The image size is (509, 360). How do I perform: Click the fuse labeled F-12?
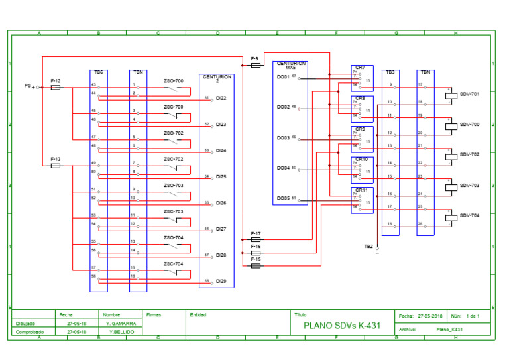coord(56,87)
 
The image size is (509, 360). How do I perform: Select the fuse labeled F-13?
coord(56,166)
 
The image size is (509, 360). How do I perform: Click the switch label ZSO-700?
coord(173,81)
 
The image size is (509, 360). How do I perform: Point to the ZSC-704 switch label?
coord(173,264)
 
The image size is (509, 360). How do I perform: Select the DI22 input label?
coord(221,98)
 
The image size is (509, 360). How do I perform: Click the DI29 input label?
coord(221,282)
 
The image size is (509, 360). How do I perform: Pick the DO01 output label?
coord(283,77)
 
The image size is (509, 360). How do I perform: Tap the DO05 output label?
coord(283,198)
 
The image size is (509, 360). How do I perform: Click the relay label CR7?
coord(360,68)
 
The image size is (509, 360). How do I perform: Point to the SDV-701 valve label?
coord(469,95)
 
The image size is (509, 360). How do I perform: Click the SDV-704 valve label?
coord(469,215)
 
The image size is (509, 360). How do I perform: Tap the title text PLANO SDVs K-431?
coord(341,326)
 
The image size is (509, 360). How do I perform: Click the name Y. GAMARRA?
coord(120,323)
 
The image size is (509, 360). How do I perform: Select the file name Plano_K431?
coord(449,330)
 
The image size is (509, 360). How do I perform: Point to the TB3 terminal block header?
coord(390,72)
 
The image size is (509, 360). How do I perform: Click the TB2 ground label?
coord(368,246)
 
